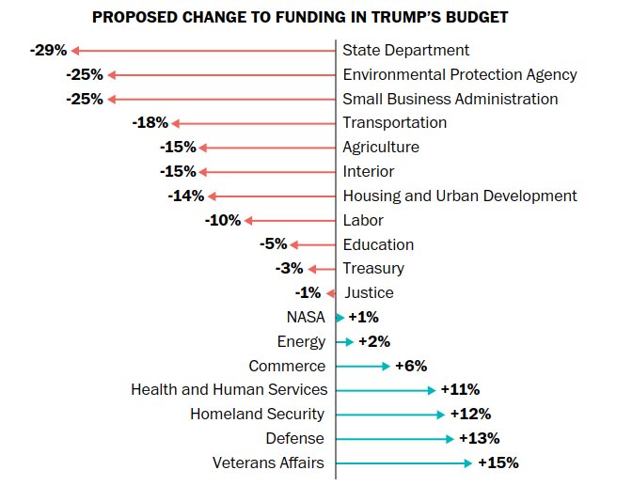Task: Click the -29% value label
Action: (x=48, y=50)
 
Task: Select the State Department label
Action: (x=405, y=51)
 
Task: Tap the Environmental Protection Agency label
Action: (x=459, y=75)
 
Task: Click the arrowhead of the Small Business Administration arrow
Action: (x=111, y=99)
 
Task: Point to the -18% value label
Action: (x=150, y=123)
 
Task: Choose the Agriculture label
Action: (x=381, y=148)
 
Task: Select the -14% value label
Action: (x=185, y=196)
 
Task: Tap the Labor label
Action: (x=362, y=221)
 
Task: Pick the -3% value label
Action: (x=289, y=269)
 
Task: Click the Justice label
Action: (x=369, y=293)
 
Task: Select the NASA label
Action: (x=306, y=318)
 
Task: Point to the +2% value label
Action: (x=373, y=342)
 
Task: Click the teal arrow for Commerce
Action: (x=362, y=367)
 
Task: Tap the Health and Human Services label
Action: (x=229, y=390)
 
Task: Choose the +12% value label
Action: (x=470, y=415)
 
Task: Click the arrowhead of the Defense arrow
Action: (x=450, y=439)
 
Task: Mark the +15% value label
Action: (x=498, y=463)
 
